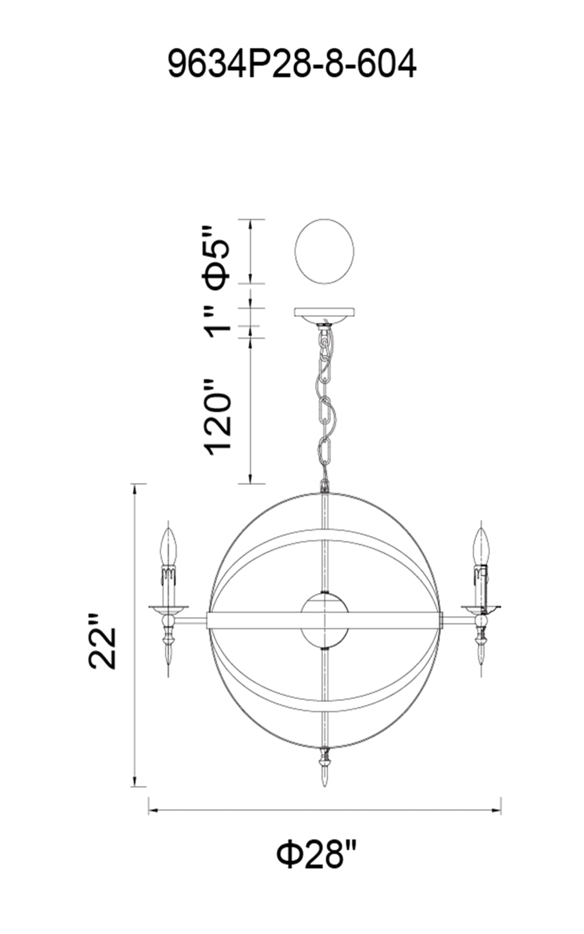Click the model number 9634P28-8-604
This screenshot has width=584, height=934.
click(x=292, y=64)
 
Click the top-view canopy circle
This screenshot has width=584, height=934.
click(x=324, y=252)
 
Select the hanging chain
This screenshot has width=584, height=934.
click(x=324, y=405)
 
